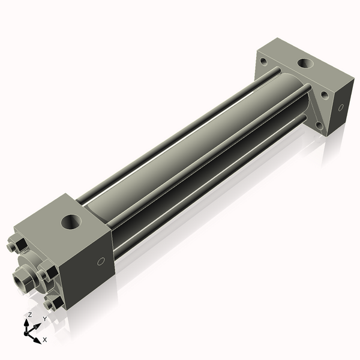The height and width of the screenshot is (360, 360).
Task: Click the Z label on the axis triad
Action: [x=29, y=315]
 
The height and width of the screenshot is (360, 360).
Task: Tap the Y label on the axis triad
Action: [x=45, y=319]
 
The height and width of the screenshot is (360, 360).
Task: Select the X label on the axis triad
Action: [x=45, y=340]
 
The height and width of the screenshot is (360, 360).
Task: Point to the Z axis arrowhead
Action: [x=26, y=323]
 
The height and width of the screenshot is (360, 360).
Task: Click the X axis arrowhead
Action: [x=38, y=340]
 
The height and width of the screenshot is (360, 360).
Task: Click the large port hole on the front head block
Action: [x=71, y=222]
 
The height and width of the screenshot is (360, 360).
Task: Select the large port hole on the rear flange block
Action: [x=305, y=64]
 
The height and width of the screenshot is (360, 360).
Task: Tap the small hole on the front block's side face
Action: [x=101, y=261]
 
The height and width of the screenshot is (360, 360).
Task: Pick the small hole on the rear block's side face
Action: [x=341, y=107]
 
